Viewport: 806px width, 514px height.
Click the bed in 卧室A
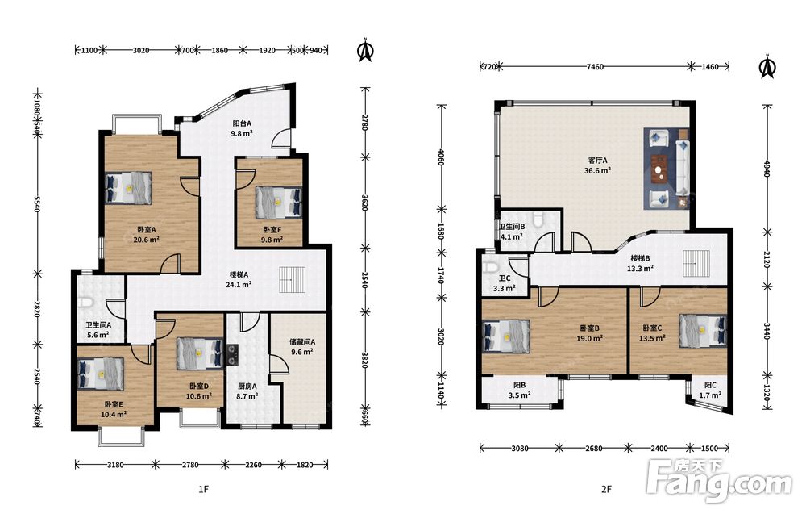(128, 188)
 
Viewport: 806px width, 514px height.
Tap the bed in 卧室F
(278, 202)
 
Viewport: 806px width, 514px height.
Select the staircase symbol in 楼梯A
(292, 280)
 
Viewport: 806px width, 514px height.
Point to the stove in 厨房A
(233, 354)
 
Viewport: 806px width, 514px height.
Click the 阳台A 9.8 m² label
(242, 128)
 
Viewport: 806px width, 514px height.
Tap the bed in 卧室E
(101, 373)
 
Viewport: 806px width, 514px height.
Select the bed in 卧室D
(200, 354)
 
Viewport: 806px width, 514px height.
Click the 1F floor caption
(204, 489)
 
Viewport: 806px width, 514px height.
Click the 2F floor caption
(606, 489)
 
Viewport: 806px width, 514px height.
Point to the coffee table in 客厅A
(659, 169)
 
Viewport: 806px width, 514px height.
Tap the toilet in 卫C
(491, 268)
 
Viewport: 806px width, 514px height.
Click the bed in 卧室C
(703, 330)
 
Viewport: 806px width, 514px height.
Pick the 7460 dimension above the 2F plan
(595, 66)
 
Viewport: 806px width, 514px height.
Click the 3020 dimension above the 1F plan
(141, 50)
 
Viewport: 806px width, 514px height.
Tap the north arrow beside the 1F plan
(365, 50)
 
